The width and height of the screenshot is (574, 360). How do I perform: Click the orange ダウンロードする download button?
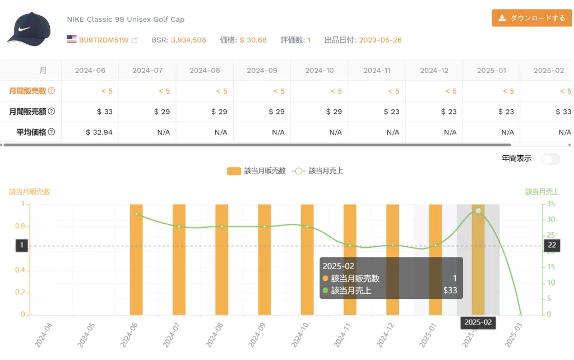click(531, 18)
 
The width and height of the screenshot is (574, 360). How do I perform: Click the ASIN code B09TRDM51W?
click(103, 40)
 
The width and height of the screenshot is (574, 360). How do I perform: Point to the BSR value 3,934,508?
click(188, 40)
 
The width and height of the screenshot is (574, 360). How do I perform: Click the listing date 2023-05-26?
click(380, 40)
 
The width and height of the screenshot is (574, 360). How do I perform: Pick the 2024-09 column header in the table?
click(262, 71)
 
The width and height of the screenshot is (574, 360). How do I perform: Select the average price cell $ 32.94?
click(99, 132)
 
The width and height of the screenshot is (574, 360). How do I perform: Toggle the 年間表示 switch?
click(550, 159)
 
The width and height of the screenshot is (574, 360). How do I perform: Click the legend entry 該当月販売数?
click(257, 170)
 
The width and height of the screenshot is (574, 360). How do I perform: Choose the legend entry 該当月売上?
click(318, 170)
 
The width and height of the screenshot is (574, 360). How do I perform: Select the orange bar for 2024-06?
click(136, 259)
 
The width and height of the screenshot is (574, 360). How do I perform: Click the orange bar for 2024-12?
click(393, 259)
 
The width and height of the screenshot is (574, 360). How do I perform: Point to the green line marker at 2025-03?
click(521, 315)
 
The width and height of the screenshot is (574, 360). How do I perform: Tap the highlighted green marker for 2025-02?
click(478, 211)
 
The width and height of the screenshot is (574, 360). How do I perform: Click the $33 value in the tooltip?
click(450, 290)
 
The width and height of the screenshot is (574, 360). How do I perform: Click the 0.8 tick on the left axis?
click(18, 227)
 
